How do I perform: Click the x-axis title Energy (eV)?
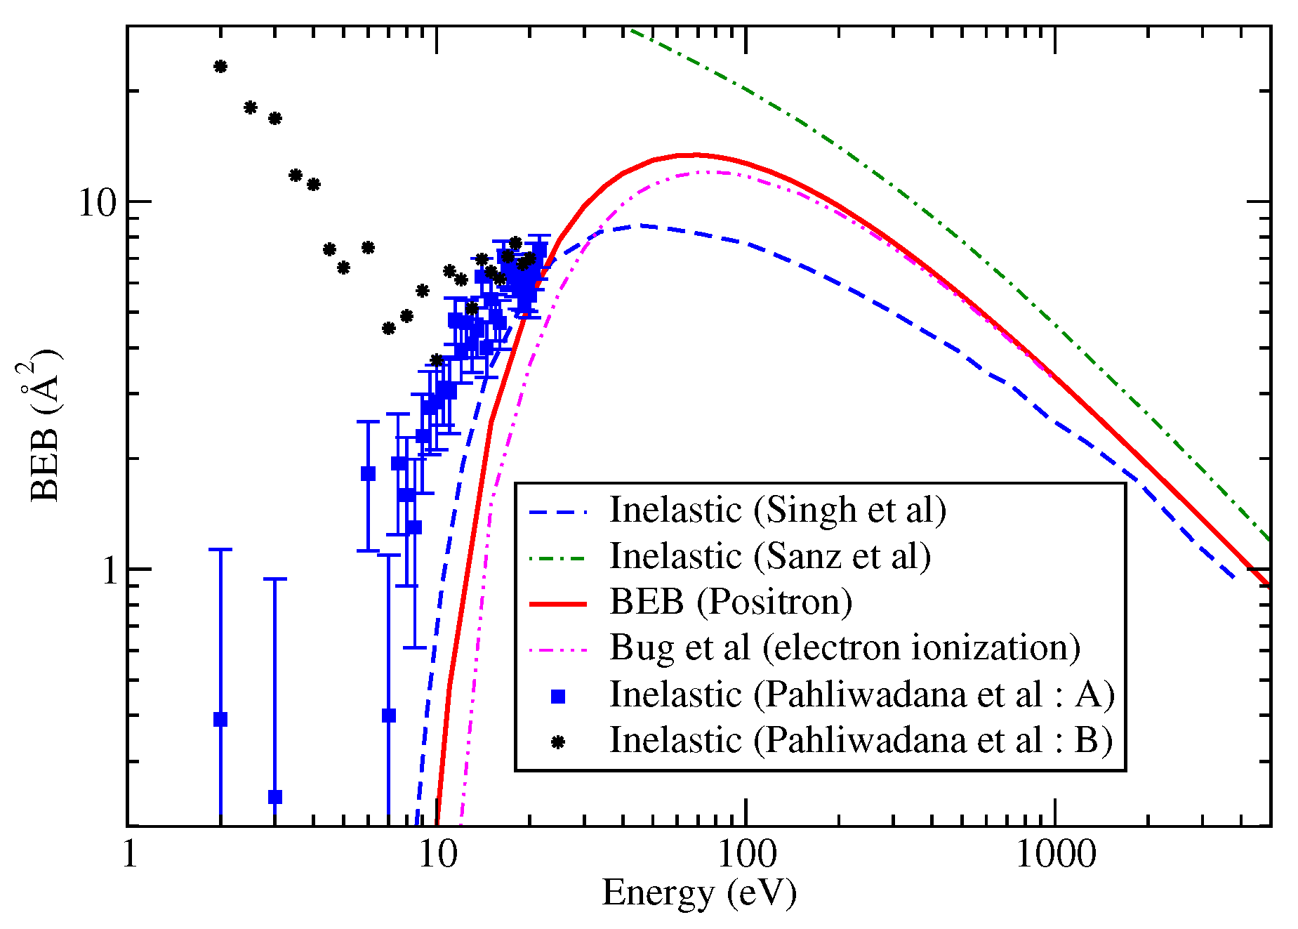698,893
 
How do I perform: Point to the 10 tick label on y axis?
96,203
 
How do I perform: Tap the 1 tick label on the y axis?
108,570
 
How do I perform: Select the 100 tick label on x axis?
746,855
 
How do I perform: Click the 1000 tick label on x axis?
1055,855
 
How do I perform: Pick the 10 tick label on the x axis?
437,855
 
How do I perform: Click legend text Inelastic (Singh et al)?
777,510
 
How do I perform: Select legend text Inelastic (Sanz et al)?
769,556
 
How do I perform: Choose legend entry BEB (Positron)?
730,602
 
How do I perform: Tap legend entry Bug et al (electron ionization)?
845,647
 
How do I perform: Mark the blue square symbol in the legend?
558,696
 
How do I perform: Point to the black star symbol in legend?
558,742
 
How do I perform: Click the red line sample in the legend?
557,603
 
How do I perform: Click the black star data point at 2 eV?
220,67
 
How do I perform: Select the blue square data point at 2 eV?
220,719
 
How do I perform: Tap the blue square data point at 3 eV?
275,797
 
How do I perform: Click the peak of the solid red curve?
695,154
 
